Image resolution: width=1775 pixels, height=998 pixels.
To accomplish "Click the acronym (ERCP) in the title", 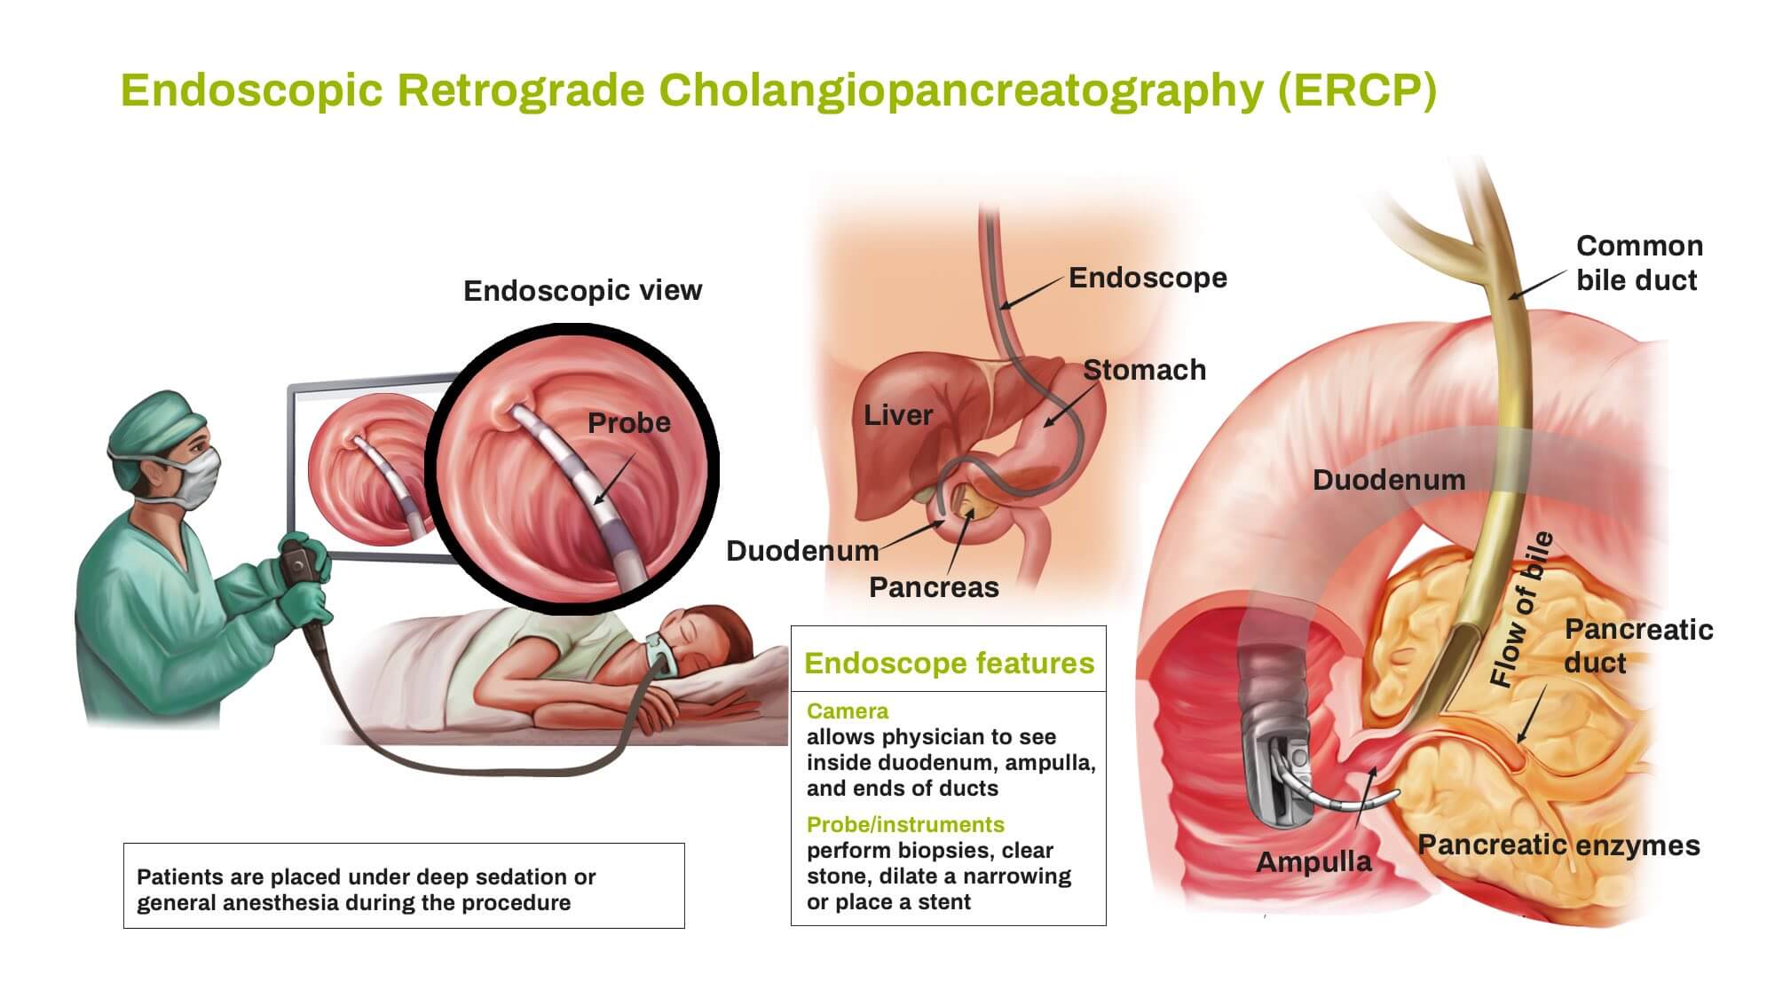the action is [x=1357, y=90].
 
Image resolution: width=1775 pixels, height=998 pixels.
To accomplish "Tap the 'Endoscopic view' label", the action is [x=582, y=291].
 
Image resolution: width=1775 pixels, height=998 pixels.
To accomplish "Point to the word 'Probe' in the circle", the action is [x=629, y=422].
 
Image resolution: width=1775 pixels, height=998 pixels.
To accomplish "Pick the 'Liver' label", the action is [x=898, y=415].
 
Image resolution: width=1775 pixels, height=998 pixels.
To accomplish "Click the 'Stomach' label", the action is [x=1144, y=370].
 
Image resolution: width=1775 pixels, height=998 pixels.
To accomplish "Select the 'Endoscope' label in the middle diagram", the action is [x=1148, y=278].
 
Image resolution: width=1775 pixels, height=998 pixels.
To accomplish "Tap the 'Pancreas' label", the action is [x=934, y=587].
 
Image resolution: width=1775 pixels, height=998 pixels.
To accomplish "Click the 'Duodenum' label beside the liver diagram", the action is [x=802, y=551].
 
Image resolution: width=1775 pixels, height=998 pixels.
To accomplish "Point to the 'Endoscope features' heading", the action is [x=949, y=664].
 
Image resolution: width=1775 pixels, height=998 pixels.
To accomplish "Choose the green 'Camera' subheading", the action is [x=848, y=711].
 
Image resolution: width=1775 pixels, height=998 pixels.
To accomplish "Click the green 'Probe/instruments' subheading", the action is [x=905, y=825].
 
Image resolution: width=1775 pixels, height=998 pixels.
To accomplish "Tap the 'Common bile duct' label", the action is [x=1638, y=263].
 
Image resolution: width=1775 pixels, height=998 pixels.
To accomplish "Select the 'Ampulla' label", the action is [x=1313, y=861].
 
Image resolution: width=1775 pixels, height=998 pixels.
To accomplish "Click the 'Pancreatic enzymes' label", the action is [x=1558, y=845].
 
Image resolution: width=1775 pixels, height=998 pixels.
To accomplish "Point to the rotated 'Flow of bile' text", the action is [x=1521, y=609].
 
